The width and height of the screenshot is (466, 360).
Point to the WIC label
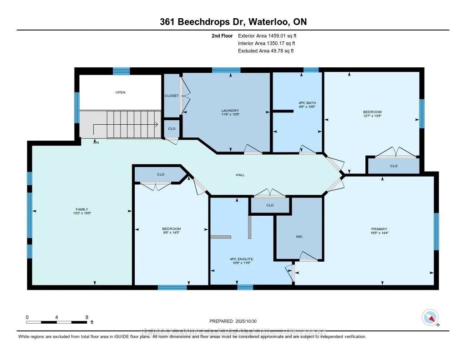[299, 237]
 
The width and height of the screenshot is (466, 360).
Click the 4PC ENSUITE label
[241, 259]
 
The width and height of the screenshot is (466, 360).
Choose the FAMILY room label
[82, 209]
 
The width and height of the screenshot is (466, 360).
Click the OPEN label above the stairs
[120, 92]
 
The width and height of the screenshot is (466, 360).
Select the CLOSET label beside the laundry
[172, 96]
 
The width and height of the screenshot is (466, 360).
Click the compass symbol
[430, 318]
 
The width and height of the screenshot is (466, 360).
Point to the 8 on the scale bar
[86, 317]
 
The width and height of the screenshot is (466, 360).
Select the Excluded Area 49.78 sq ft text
[266, 51]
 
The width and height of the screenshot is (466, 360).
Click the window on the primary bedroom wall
[436, 231]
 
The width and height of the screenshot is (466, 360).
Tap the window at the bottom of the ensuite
[245, 287]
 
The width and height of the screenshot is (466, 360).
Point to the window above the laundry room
[226, 70]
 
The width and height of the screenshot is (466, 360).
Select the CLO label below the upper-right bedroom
[394, 166]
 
